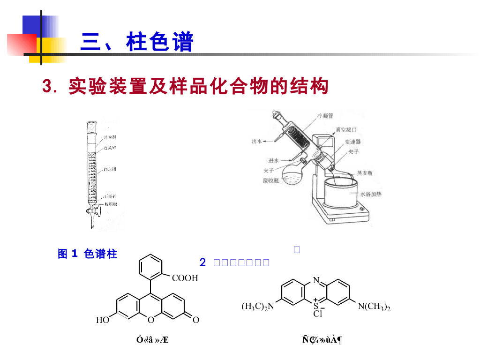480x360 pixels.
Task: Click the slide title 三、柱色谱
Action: pyautogui.click(x=136, y=43)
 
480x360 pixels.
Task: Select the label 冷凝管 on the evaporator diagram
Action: pyautogui.click(x=325, y=115)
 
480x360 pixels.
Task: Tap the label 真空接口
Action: pyautogui.click(x=346, y=129)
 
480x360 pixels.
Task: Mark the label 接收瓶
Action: pyautogui.click(x=271, y=180)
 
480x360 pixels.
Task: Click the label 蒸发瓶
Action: pyautogui.click(x=365, y=172)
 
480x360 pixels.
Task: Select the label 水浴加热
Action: pyautogui.click(x=371, y=194)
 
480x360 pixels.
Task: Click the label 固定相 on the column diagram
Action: pyautogui.click(x=110, y=169)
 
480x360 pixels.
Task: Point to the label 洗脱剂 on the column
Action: pyautogui.click(x=110, y=137)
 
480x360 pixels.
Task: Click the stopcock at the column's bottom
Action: pyautogui.click(x=93, y=213)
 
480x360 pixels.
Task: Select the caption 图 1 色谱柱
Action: pyautogui.click(x=87, y=254)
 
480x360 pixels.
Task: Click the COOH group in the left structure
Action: pyautogui.click(x=185, y=278)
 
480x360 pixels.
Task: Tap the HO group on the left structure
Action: pyautogui.click(x=103, y=321)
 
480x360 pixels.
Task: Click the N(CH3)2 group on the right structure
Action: pyautogui.click(x=374, y=307)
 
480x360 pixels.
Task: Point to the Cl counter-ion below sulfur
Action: pyautogui.click(x=318, y=314)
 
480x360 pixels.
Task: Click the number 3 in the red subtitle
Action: pyautogui.click(x=46, y=87)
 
